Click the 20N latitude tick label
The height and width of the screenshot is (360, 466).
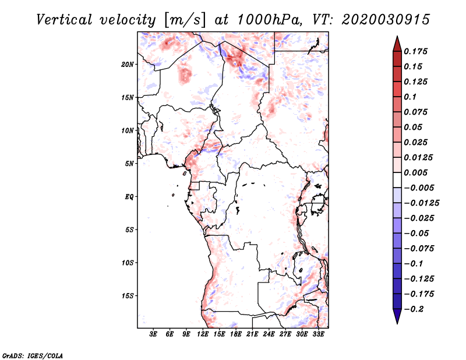128,64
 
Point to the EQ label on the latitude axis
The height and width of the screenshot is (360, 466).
129,197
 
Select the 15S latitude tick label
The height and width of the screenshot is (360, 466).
128,296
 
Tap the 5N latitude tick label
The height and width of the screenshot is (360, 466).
129,164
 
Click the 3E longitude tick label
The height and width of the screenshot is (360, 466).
153,334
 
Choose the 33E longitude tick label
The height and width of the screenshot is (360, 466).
319,334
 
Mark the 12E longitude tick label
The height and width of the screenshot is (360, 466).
203,334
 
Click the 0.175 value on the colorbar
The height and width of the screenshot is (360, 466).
417,51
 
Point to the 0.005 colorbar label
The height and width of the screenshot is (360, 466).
417,172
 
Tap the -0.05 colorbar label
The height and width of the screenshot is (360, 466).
417,233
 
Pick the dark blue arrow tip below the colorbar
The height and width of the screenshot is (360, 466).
397,318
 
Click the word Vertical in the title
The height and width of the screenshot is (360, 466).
64,19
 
